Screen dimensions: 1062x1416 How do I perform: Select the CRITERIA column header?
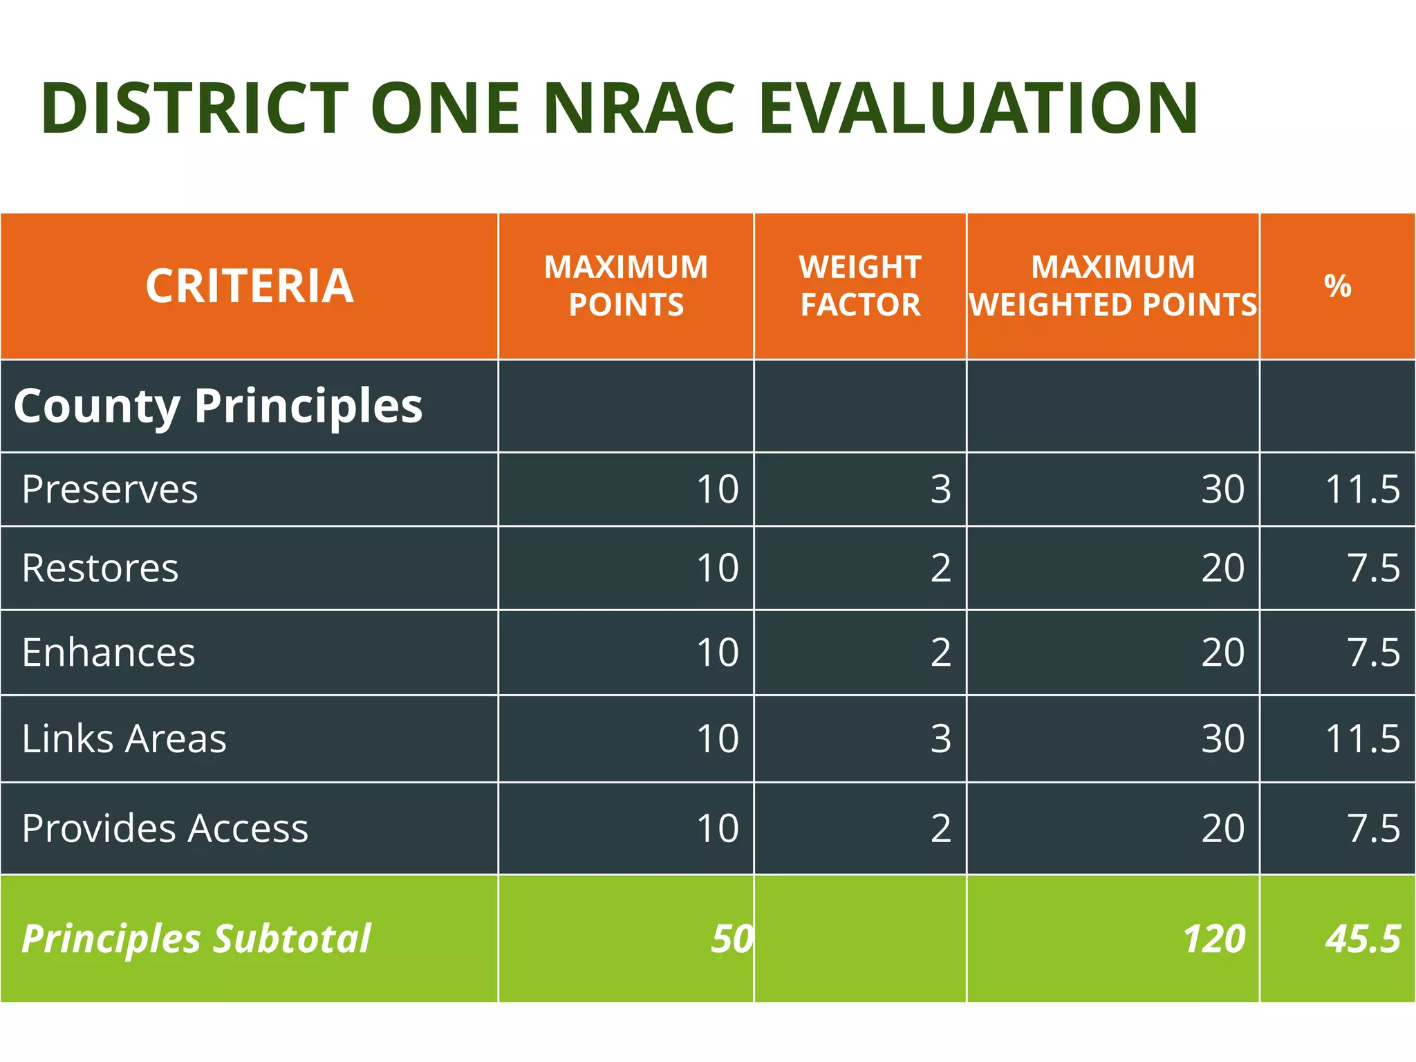(x=250, y=286)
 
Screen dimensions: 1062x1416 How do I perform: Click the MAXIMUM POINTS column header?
(x=626, y=286)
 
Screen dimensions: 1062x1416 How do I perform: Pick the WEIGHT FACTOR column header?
(x=860, y=286)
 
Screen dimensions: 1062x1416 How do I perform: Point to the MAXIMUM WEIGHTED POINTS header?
(x=1112, y=286)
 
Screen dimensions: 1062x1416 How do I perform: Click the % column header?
(x=1337, y=286)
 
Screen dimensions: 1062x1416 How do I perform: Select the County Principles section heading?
(x=218, y=406)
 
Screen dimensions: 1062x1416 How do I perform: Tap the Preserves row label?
(x=110, y=490)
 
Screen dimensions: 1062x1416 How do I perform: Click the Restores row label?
(x=100, y=568)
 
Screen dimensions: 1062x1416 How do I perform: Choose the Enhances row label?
(x=109, y=653)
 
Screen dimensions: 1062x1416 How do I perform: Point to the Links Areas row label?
(x=124, y=738)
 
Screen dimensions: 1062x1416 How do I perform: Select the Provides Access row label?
(x=165, y=828)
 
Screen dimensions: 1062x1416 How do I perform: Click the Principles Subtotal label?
(x=196, y=939)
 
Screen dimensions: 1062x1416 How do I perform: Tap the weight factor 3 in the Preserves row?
(x=940, y=490)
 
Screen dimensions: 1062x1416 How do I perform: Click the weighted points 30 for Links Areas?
(x=1222, y=738)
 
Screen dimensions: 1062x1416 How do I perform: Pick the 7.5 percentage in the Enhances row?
(x=1372, y=653)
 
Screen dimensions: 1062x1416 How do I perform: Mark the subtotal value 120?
(x=1213, y=939)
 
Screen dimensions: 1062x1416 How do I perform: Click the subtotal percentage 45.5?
(x=1362, y=939)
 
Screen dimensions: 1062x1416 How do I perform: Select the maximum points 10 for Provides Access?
(x=718, y=828)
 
